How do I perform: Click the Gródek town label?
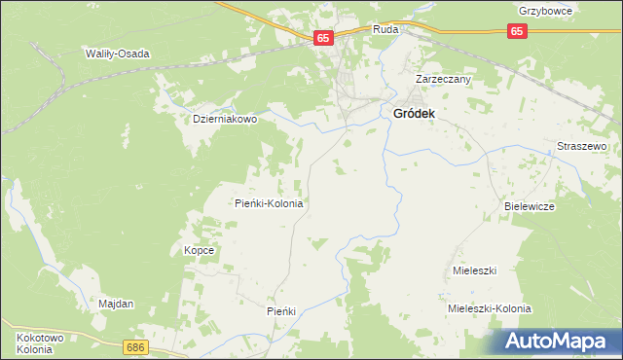pos(414,114)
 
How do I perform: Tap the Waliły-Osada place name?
pos(117,54)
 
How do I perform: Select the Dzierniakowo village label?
pos(224,119)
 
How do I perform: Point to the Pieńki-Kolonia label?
pos(270,204)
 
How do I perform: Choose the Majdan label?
pos(116,304)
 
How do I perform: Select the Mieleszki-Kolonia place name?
pos(489,308)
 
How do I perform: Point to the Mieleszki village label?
pos(475,270)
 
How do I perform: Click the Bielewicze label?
pos(530,207)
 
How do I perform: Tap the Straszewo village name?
pos(581,146)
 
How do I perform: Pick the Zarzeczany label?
pos(443,79)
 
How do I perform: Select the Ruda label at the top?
pos(385,30)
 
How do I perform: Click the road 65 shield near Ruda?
pos(324,38)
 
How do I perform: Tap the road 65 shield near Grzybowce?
pos(518,32)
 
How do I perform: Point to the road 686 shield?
pos(135,346)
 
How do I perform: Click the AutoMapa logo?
pos(554,341)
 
